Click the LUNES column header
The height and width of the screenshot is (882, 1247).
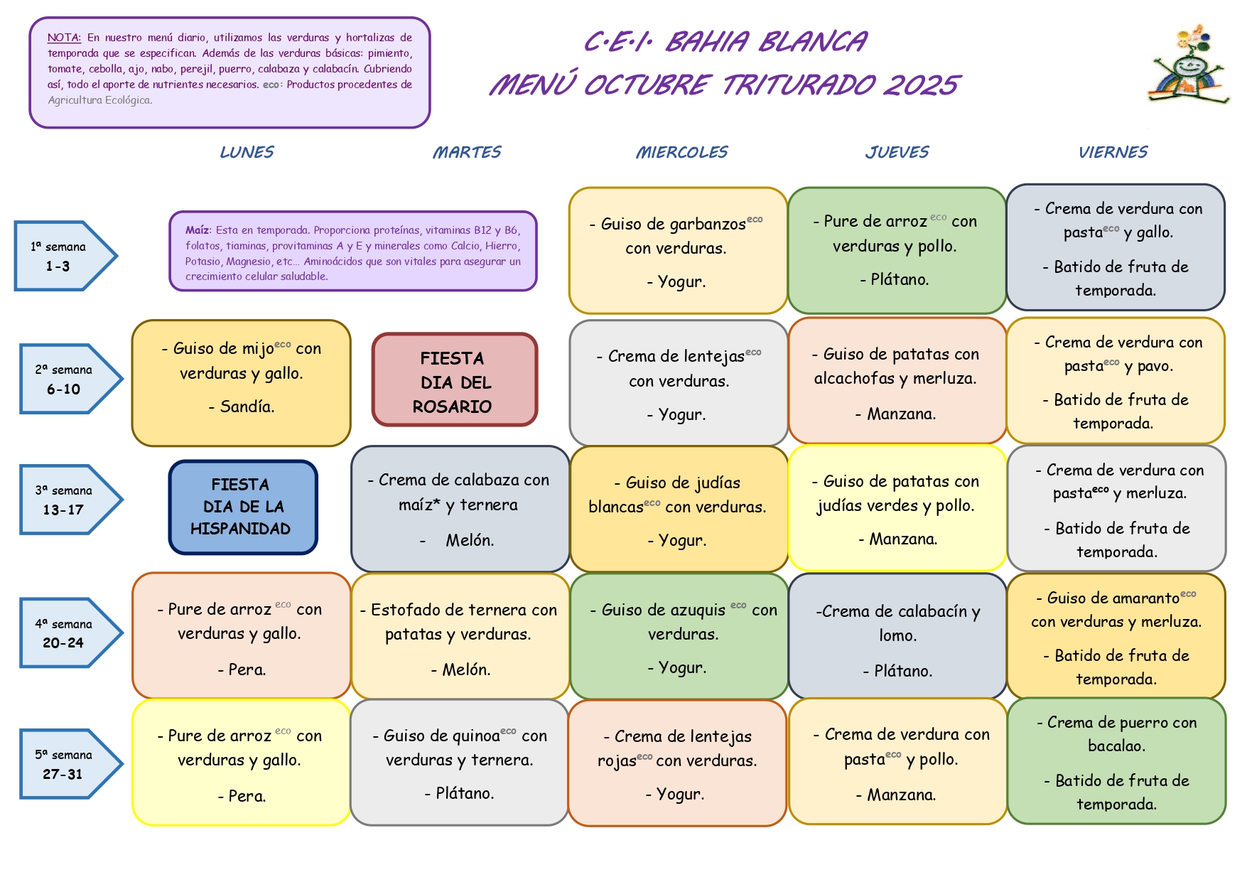click(247, 152)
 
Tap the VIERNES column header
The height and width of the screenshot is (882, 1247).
click(1113, 152)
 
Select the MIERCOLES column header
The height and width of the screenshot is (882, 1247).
click(681, 152)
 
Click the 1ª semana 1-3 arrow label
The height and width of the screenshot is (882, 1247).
click(60, 257)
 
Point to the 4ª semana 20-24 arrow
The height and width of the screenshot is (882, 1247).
click(65, 633)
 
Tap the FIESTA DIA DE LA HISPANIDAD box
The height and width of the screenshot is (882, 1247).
click(242, 507)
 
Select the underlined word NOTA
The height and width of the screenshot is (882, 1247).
click(64, 38)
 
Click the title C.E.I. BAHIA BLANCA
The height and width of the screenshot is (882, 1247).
click(725, 42)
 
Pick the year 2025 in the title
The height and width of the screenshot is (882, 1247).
click(921, 85)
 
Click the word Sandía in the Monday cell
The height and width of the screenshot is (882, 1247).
click(247, 407)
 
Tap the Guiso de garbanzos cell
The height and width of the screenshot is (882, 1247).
click(676, 251)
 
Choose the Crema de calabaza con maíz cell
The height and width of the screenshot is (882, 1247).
click(460, 509)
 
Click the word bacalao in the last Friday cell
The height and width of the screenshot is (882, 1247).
click(1116, 746)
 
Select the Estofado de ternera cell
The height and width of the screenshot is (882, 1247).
click(460, 636)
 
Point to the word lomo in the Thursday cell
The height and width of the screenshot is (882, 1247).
click(897, 635)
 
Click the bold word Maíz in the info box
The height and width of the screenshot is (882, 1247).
click(197, 230)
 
